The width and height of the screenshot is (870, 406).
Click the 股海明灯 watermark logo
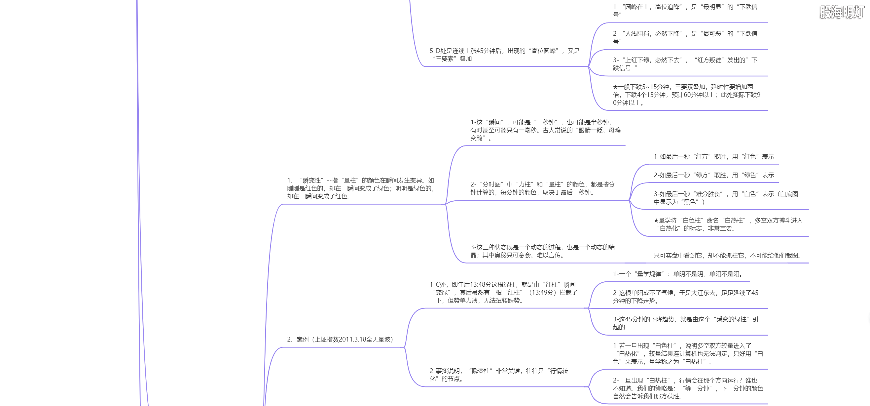(842, 12)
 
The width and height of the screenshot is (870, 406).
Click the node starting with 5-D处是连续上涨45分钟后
(504, 55)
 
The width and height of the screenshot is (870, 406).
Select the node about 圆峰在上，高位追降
(685, 11)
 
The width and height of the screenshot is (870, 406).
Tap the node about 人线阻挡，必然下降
(685, 37)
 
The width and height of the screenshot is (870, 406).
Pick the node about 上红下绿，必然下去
(685, 64)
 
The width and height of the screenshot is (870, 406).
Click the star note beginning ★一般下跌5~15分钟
(686, 95)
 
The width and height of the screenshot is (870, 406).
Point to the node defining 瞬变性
(360, 188)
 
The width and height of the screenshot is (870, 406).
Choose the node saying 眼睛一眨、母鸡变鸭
(545, 130)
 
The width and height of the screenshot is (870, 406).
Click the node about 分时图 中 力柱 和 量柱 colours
(542, 188)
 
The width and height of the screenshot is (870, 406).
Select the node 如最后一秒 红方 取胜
(714, 156)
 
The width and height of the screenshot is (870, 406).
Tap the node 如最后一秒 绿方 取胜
(714, 175)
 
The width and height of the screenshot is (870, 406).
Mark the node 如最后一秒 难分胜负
(725, 198)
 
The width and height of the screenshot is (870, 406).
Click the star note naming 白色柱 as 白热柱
(728, 224)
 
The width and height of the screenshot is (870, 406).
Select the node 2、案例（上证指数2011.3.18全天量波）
(340, 340)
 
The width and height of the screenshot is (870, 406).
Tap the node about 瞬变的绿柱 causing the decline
(686, 323)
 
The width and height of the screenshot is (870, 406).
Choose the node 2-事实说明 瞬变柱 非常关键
(498, 375)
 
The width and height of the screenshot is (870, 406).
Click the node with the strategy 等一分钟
(688, 388)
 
